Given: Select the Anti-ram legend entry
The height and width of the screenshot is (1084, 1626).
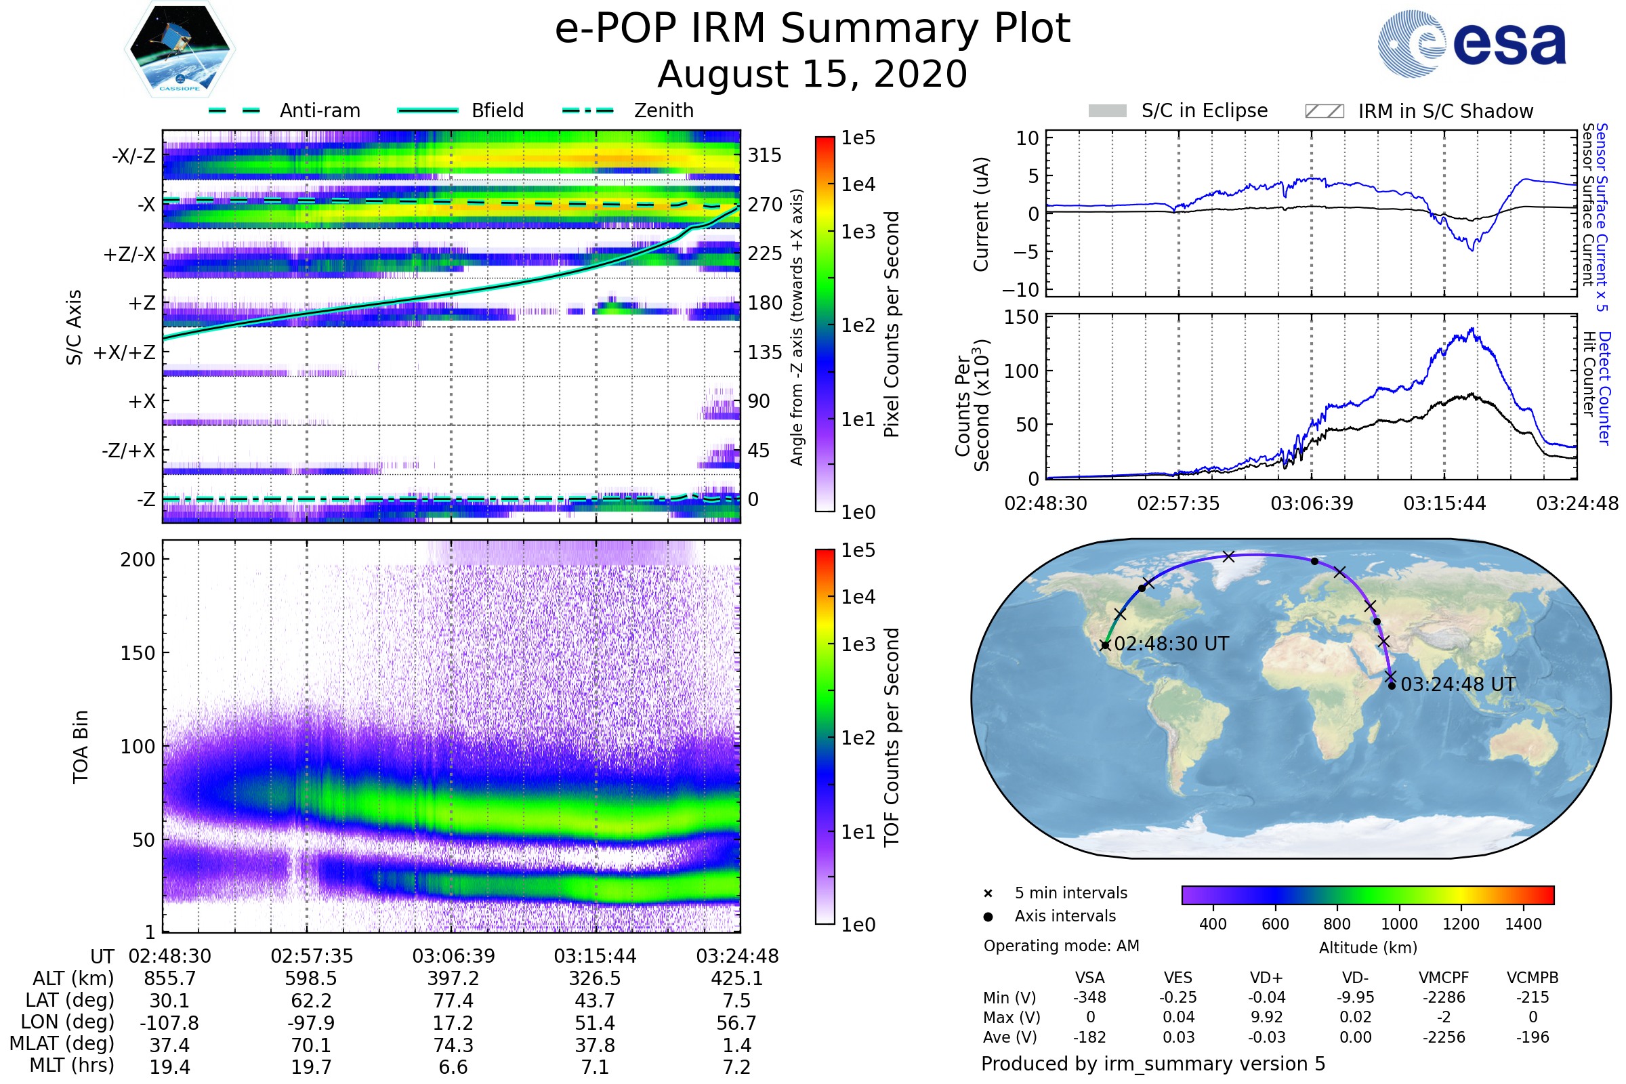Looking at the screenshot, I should pos(285,110).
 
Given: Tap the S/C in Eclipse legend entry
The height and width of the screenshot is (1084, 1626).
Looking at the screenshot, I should pos(1178,110).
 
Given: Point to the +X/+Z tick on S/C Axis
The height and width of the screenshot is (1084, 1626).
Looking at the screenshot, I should pos(125,352).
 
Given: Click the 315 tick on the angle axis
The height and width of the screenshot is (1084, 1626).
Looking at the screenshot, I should pos(764,155).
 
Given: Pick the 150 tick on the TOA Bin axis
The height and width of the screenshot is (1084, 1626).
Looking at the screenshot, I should pos(138,652).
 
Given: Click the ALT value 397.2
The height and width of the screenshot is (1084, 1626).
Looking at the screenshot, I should pos(453,978).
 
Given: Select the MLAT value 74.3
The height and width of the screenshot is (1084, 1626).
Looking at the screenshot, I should pos(453,1045).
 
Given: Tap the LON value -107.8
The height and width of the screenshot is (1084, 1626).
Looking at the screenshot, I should pos(169,1022).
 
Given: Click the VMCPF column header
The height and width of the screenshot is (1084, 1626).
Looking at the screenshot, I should pos(1444,978).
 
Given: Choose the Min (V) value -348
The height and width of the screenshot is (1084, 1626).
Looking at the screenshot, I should pos(1089,997).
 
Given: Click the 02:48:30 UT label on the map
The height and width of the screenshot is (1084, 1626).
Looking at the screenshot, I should pos(1171,644).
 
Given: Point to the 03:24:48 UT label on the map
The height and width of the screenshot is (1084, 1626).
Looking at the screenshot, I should pos(1458,684).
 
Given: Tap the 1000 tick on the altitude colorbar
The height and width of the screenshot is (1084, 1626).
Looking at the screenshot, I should pos(1399,924).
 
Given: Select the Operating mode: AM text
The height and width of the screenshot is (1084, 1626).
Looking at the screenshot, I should pos(1061,946).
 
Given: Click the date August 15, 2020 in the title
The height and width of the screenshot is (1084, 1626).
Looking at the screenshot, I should pos(812,74).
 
